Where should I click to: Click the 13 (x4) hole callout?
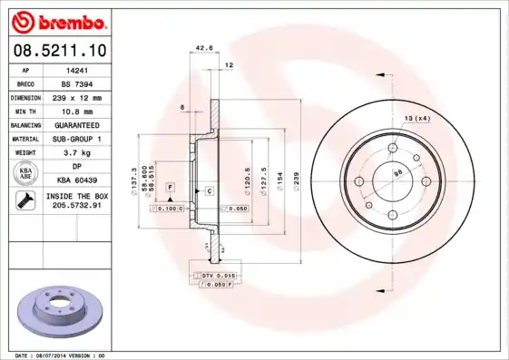(x=416, y=118)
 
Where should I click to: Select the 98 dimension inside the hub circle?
(x=396, y=171)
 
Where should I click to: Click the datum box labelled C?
(x=208, y=190)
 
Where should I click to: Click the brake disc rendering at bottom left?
(x=60, y=315)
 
